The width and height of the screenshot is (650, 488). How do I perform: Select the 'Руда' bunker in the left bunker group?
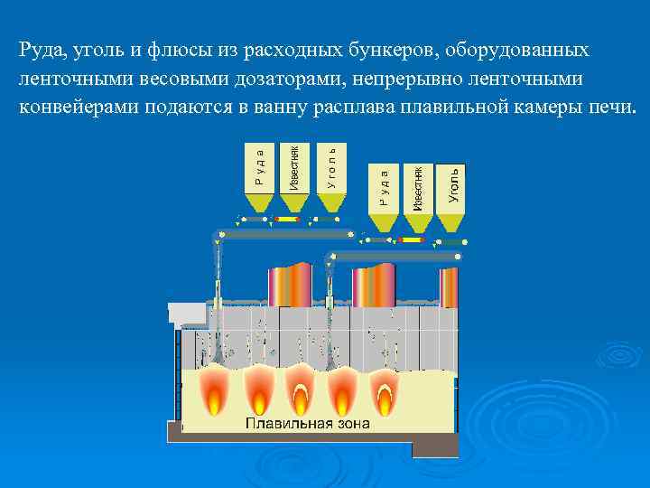(259, 166)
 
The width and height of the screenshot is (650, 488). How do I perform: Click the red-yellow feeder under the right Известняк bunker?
(416, 241)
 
